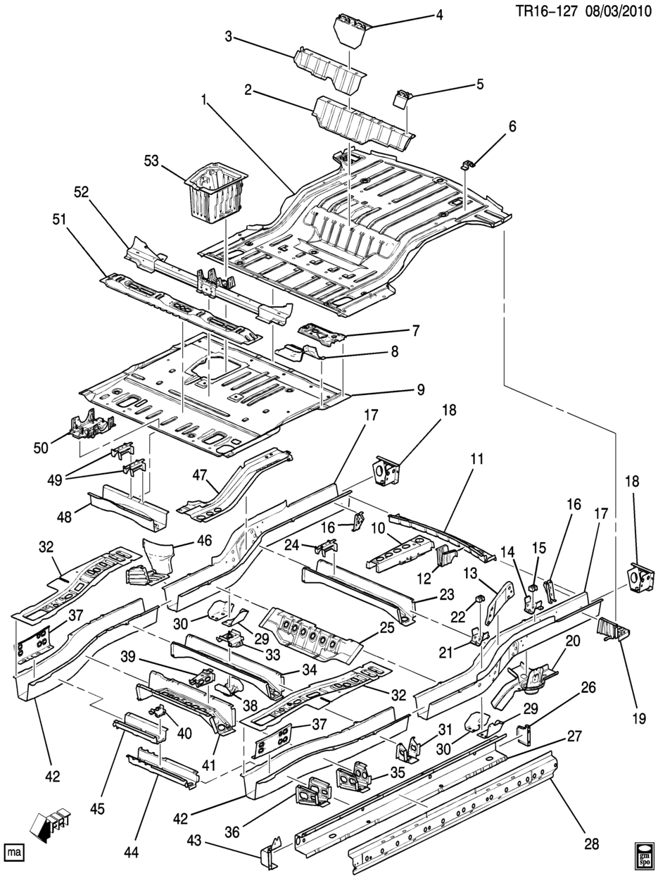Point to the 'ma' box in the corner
pyautogui.click(x=13, y=853)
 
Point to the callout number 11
pyautogui.click(x=477, y=460)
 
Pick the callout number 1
pyautogui.click(x=204, y=101)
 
